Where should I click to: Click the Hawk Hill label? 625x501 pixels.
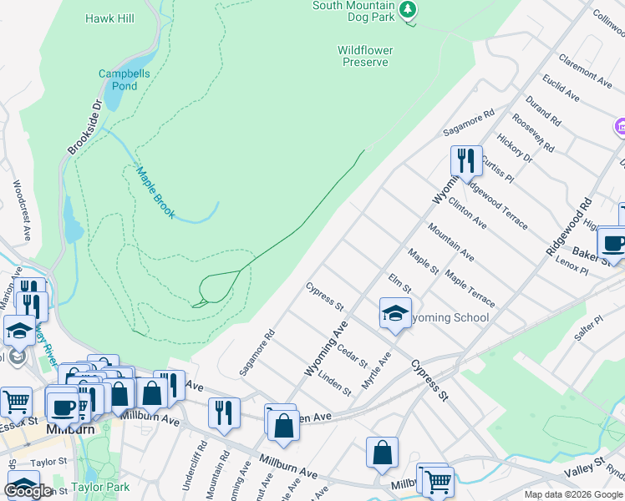tap(110, 18)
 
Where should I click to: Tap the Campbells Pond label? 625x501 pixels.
tap(118, 79)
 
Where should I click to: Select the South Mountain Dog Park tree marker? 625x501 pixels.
tap(408, 10)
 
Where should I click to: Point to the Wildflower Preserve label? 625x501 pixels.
tap(364, 56)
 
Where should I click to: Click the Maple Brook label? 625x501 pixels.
tap(155, 193)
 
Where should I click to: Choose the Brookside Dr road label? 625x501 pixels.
tap(84, 126)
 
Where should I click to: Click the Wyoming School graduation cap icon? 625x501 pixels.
tap(395, 313)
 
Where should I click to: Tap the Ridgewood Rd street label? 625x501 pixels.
tap(568, 227)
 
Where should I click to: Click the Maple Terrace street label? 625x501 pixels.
tap(470, 287)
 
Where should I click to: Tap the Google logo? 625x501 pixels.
tap(28, 491)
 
